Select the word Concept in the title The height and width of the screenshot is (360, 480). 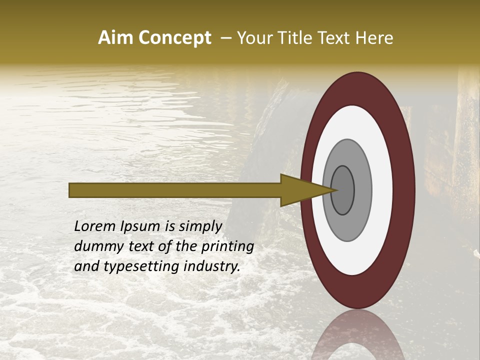174,38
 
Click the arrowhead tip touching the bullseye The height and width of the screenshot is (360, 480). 336,190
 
